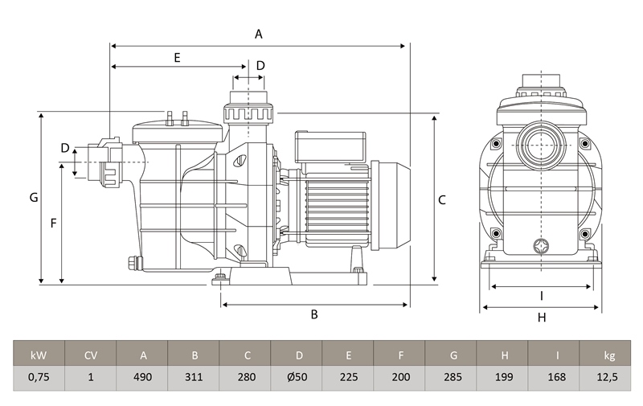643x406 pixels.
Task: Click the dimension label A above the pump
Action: point(259,34)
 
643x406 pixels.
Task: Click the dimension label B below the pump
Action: point(314,314)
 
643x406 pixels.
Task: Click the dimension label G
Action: point(33,198)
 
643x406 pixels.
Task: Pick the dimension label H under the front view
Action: point(542,317)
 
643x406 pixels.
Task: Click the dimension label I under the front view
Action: point(542,294)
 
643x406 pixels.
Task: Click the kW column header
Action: point(39,355)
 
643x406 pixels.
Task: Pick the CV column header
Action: point(91,355)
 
